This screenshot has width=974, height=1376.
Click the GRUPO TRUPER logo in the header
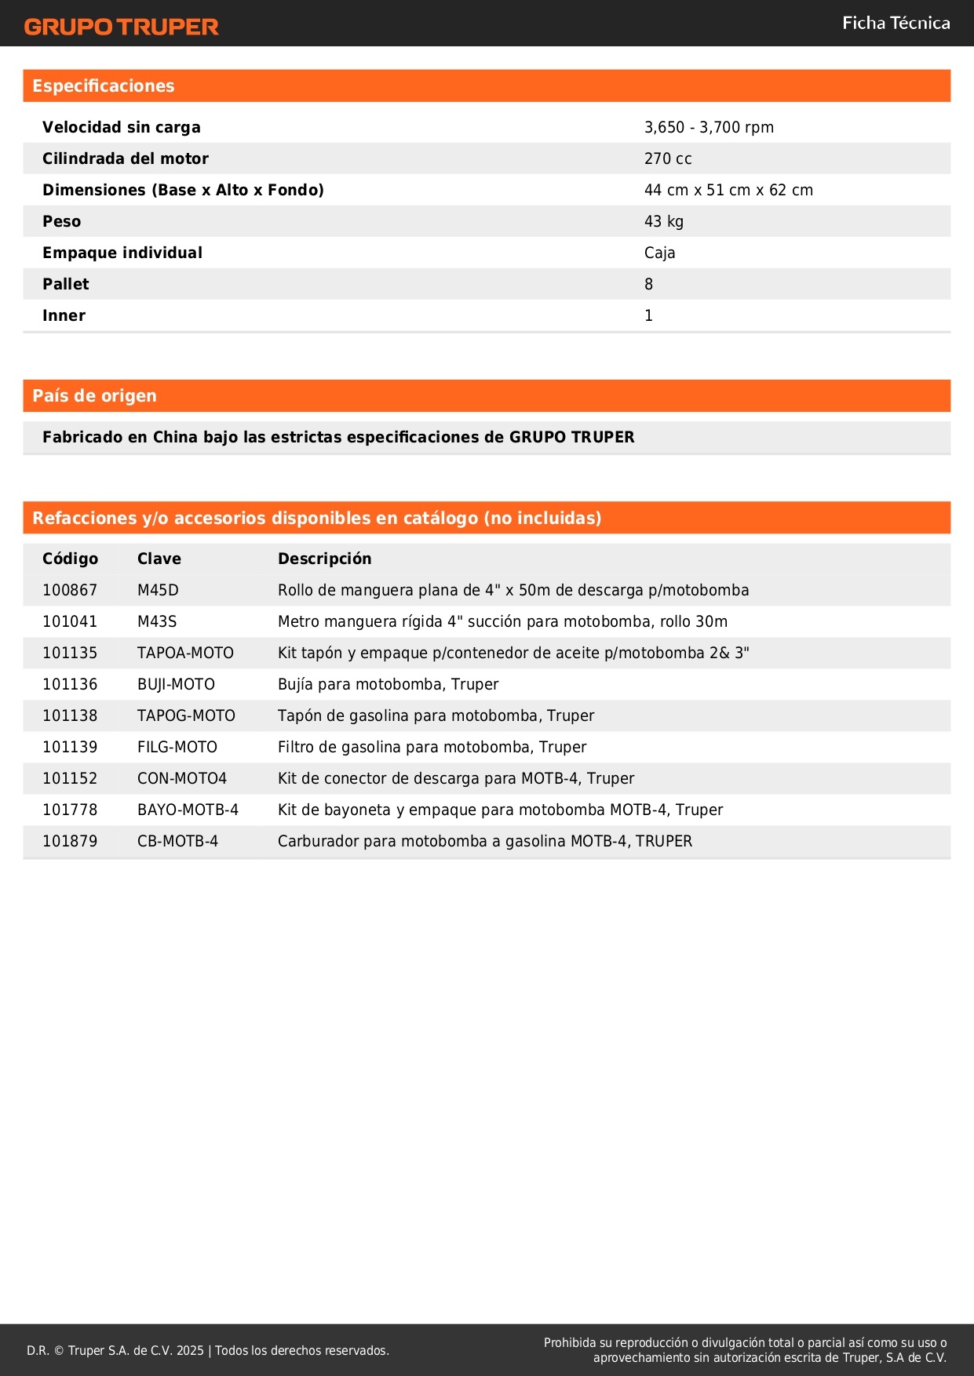pos(122,27)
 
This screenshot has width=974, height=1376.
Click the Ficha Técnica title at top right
pos(896,24)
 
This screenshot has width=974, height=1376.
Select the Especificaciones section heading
pos(104,86)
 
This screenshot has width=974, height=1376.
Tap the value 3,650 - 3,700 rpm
pos(709,127)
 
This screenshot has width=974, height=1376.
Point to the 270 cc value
pos(668,158)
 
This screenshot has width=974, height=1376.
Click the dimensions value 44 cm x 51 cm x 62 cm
pos(728,190)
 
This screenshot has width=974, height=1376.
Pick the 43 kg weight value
pos(664,221)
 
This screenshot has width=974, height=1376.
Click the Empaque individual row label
pos(122,253)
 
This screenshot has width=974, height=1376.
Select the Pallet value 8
pos(648,284)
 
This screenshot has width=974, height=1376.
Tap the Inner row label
pos(64,315)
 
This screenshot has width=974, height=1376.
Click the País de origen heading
pos(94,396)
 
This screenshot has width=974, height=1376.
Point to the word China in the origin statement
pos(175,437)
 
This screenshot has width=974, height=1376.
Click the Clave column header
pos(159,559)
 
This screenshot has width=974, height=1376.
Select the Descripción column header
pos(325,559)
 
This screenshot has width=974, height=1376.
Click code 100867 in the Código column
pos(70,590)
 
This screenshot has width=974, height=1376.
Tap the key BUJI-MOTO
pos(176,684)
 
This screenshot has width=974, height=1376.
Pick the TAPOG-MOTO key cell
pos(186,715)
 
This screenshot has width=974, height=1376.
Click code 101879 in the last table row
pos(70,841)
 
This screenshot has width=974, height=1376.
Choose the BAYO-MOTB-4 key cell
pos(188,810)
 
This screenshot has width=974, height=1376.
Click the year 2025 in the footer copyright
pos(190,1350)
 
